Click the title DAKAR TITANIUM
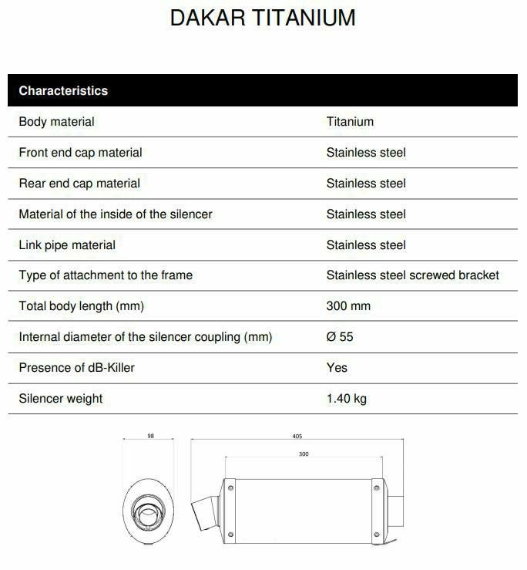pyautogui.click(x=263, y=18)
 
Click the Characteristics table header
pyautogui.click(x=63, y=90)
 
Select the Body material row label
pyautogui.click(x=56, y=121)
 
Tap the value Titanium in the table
pyautogui.click(x=350, y=121)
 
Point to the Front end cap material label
pyautogui.click(x=80, y=152)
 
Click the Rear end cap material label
pyautogui.click(x=79, y=183)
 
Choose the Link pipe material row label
pyautogui.click(x=67, y=245)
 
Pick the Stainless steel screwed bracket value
pyautogui.click(x=412, y=275)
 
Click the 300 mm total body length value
pyautogui.click(x=348, y=305)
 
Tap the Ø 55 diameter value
pyautogui.click(x=340, y=336)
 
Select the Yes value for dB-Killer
pyautogui.click(x=337, y=367)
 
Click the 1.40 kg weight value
pyautogui.click(x=346, y=398)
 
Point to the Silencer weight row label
pyautogui.click(x=60, y=398)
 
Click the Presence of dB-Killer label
pyautogui.click(x=76, y=367)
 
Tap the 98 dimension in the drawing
pyautogui.click(x=150, y=436)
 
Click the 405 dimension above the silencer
pyautogui.click(x=297, y=437)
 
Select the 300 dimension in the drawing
pyautogui.click(x=303, y=454)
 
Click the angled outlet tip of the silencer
pyautogui.click(x=202, y=511)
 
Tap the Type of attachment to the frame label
pyautogui.click(x=106, y=275)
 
